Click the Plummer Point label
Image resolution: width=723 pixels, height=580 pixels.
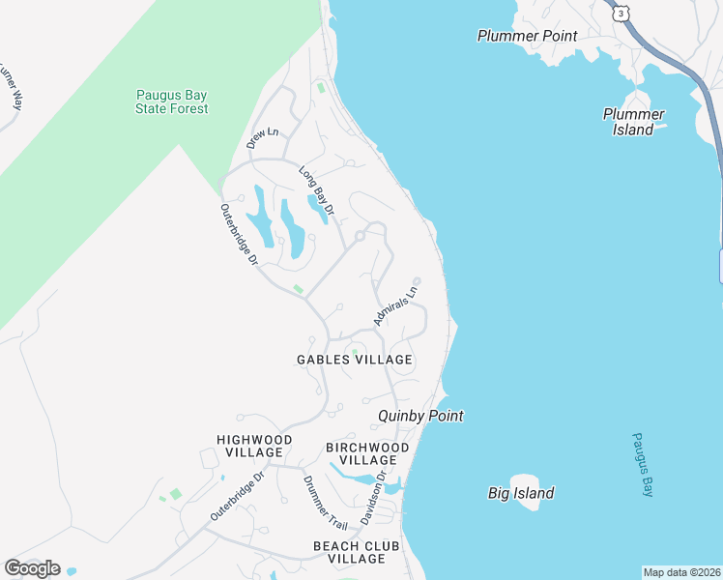tap(527, 36)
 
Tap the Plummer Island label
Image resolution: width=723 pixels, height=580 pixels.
tap(633, 122)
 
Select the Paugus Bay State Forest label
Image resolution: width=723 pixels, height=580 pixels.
tap(171, 101)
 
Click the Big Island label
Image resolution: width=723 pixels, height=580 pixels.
tap(521, 493)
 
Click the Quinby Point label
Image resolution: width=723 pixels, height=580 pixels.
tap(420, 416)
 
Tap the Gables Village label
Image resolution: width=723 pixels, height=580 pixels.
tap(354, 360)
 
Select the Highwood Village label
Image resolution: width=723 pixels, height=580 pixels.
tap(249, 446)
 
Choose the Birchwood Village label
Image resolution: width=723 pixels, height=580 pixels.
tap(367, 453)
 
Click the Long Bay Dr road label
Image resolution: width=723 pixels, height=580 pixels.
tap(316, 191)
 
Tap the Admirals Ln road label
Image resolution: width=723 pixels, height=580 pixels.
tap(395, 304)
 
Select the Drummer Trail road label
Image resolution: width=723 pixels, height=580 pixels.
tap(325, 503)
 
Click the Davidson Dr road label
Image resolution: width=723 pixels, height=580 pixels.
tap(373, 498)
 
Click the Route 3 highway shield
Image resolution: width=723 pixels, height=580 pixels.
tap(620, 11)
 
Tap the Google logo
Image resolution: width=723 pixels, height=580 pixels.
tap(32, 568)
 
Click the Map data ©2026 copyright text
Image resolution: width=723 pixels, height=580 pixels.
tap(681, 572)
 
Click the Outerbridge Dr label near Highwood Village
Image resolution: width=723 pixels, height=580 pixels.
tap(237, 497)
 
